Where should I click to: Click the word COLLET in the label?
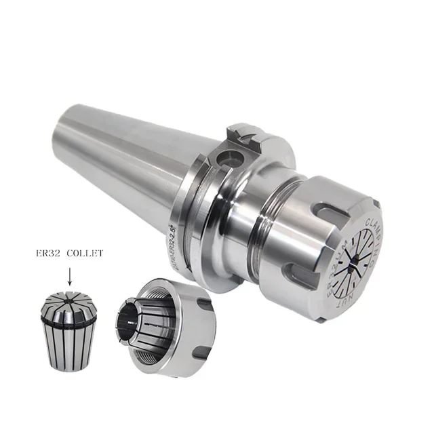84,253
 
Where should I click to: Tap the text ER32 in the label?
48,253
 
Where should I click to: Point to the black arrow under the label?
69,276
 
